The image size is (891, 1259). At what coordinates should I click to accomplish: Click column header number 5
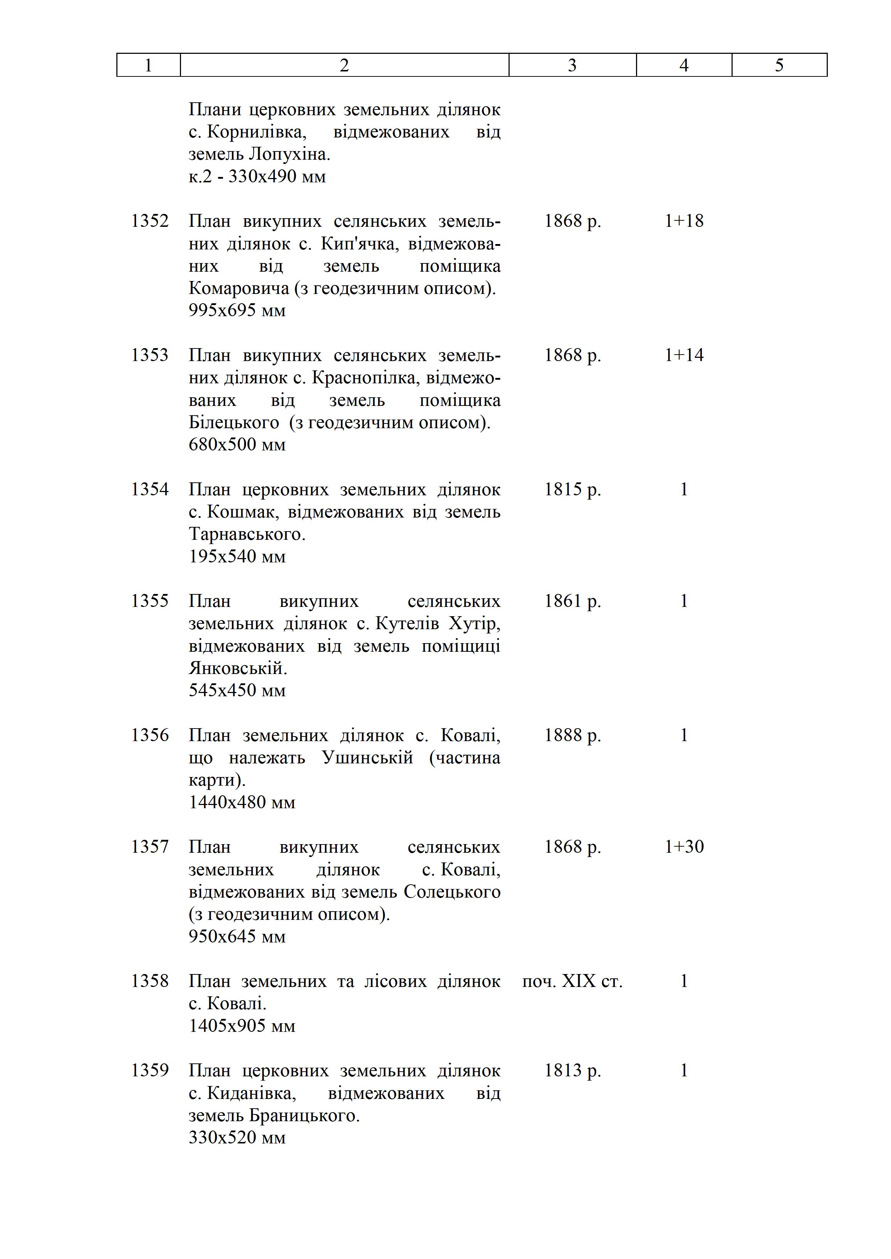click(x=779, y=65)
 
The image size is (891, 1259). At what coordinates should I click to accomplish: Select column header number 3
click(x=572, y=65)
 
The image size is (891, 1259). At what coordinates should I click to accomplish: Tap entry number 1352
click(x=150, y=221)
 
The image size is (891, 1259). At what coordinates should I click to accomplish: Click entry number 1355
click(x=150, y=601)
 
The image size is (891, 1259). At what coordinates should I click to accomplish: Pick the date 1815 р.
click(x=572, y=489)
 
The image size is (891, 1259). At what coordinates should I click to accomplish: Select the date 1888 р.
click(x=572, y=735)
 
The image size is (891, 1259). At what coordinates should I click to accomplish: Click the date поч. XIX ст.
click(x=572, y=981)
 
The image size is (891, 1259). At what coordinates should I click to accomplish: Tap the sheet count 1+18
click(x=684, y=221)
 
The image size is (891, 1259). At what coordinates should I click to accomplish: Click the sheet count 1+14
click(x=684, y=355)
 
